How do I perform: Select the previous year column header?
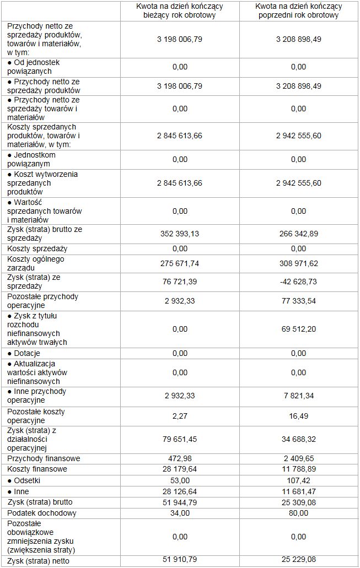[298, 10]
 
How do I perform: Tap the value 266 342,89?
[298, 234]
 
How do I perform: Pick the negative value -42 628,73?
[298, 282]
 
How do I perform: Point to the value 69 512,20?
[298, 329]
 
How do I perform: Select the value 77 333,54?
[298, 301]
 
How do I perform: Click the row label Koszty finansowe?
[37, 469]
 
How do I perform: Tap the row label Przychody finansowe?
[44, 458]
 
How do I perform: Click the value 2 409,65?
[298, 458]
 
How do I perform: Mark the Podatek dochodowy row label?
[42, 513]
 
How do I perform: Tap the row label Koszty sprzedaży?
[37, 249]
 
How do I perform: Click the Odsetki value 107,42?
[298, 480]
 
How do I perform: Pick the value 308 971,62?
[298, 263]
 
